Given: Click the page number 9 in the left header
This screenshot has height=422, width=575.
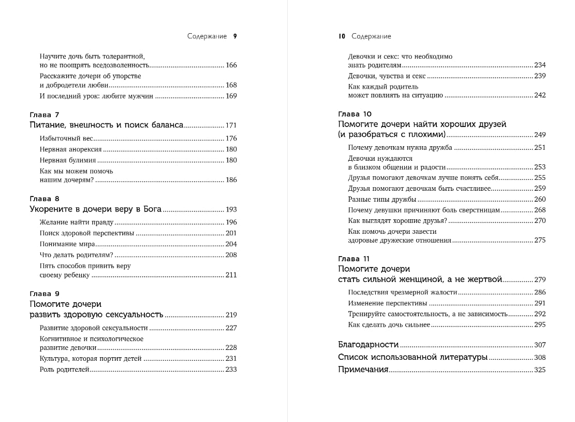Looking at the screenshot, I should click(235, 36).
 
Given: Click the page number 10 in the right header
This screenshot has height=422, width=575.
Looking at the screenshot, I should click(342, 36).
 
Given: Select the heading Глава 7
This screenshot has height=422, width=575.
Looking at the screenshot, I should click(45, 115).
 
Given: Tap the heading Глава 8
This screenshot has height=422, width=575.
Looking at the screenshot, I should click(45, 199).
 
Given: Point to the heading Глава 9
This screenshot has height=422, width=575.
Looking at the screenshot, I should click(45, 293).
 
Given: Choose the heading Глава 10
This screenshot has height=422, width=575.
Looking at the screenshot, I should click(355, 114).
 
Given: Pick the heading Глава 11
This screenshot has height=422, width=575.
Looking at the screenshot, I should click(353, 259).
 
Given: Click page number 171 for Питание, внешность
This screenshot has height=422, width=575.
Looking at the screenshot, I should click(231, 125).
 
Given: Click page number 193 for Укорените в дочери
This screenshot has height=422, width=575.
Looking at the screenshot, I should click(231, 209).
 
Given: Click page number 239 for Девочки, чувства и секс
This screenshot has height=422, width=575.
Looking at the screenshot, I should click(540, 76).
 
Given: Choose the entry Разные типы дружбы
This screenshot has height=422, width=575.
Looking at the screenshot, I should click(382, 200).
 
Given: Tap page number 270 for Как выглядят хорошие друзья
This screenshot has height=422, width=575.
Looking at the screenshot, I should click(540, 221).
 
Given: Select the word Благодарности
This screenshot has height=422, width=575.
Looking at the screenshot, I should click(368, 345).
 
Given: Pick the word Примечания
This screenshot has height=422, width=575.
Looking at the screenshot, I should click(363, 370).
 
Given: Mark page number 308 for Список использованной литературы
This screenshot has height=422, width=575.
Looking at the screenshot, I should click(540, 357).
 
